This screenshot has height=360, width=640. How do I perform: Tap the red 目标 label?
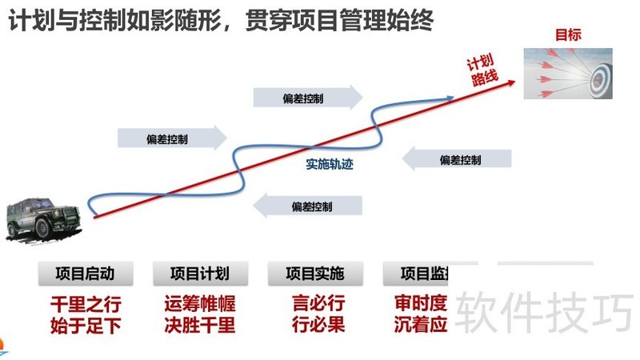pos(568,34)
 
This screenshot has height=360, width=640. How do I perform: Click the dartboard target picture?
pos(568,74)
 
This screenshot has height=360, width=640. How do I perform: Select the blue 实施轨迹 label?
pos(330,164)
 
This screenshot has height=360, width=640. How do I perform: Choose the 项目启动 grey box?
pos(85,274)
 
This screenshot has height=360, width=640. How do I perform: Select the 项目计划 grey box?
pos(200,274)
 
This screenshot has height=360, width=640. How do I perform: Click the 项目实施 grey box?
pos(314,274)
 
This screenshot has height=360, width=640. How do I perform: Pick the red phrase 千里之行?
pos(85,305)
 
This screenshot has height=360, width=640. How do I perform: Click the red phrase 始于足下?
pos(85,326)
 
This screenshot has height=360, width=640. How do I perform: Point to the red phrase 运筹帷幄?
pos(200,305)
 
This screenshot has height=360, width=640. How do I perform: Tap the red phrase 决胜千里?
pos(200,326)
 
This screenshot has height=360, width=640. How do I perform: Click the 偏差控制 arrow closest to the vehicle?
pos(172,138)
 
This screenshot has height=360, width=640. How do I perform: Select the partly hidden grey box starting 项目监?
pos(421,274)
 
